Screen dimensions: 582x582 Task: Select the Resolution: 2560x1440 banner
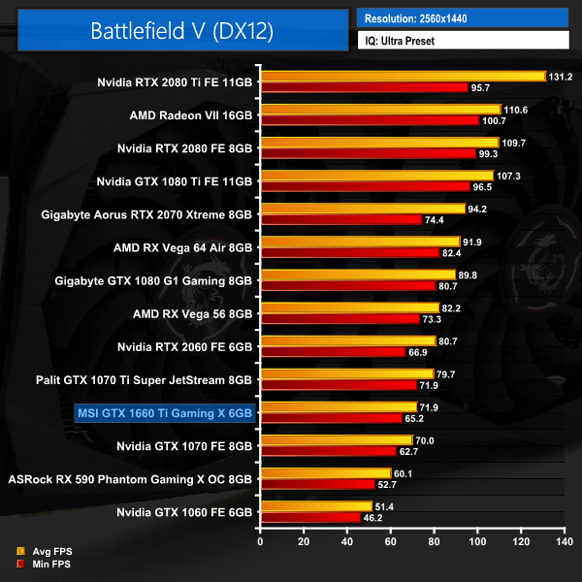point(462,18)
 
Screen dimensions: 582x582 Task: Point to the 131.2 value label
point(562,77)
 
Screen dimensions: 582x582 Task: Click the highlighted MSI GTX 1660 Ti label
point(163,413)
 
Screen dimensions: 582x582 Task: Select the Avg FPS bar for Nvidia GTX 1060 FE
point(315,505)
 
